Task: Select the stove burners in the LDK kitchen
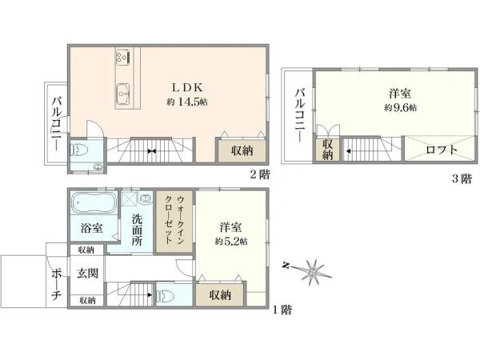click(122, 57)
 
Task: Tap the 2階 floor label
click(257, 174)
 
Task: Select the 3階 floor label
click(461, 179)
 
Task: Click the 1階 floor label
click(280, 310)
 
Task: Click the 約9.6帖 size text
click(400, 107)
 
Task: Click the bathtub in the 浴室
click(92, 202)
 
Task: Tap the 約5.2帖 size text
click(231, 240)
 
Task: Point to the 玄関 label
click(87, 274)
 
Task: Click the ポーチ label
click(56, 282)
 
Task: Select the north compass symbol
click(313, 270)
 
